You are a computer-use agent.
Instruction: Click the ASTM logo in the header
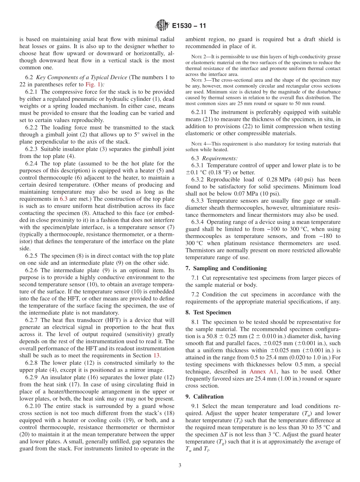[162, 26]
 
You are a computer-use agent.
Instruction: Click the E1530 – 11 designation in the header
[189, 26]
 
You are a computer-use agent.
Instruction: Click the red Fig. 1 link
[94, 85]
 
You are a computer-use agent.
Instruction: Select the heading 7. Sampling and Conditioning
[226, 268]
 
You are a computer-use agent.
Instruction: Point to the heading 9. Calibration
[204, 396]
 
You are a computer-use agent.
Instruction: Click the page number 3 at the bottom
[180, 465]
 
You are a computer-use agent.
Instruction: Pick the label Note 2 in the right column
[198, 56]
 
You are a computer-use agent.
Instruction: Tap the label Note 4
[198, 144]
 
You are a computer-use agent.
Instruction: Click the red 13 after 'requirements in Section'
[157, 355]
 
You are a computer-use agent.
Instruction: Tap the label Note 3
[198, 80]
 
